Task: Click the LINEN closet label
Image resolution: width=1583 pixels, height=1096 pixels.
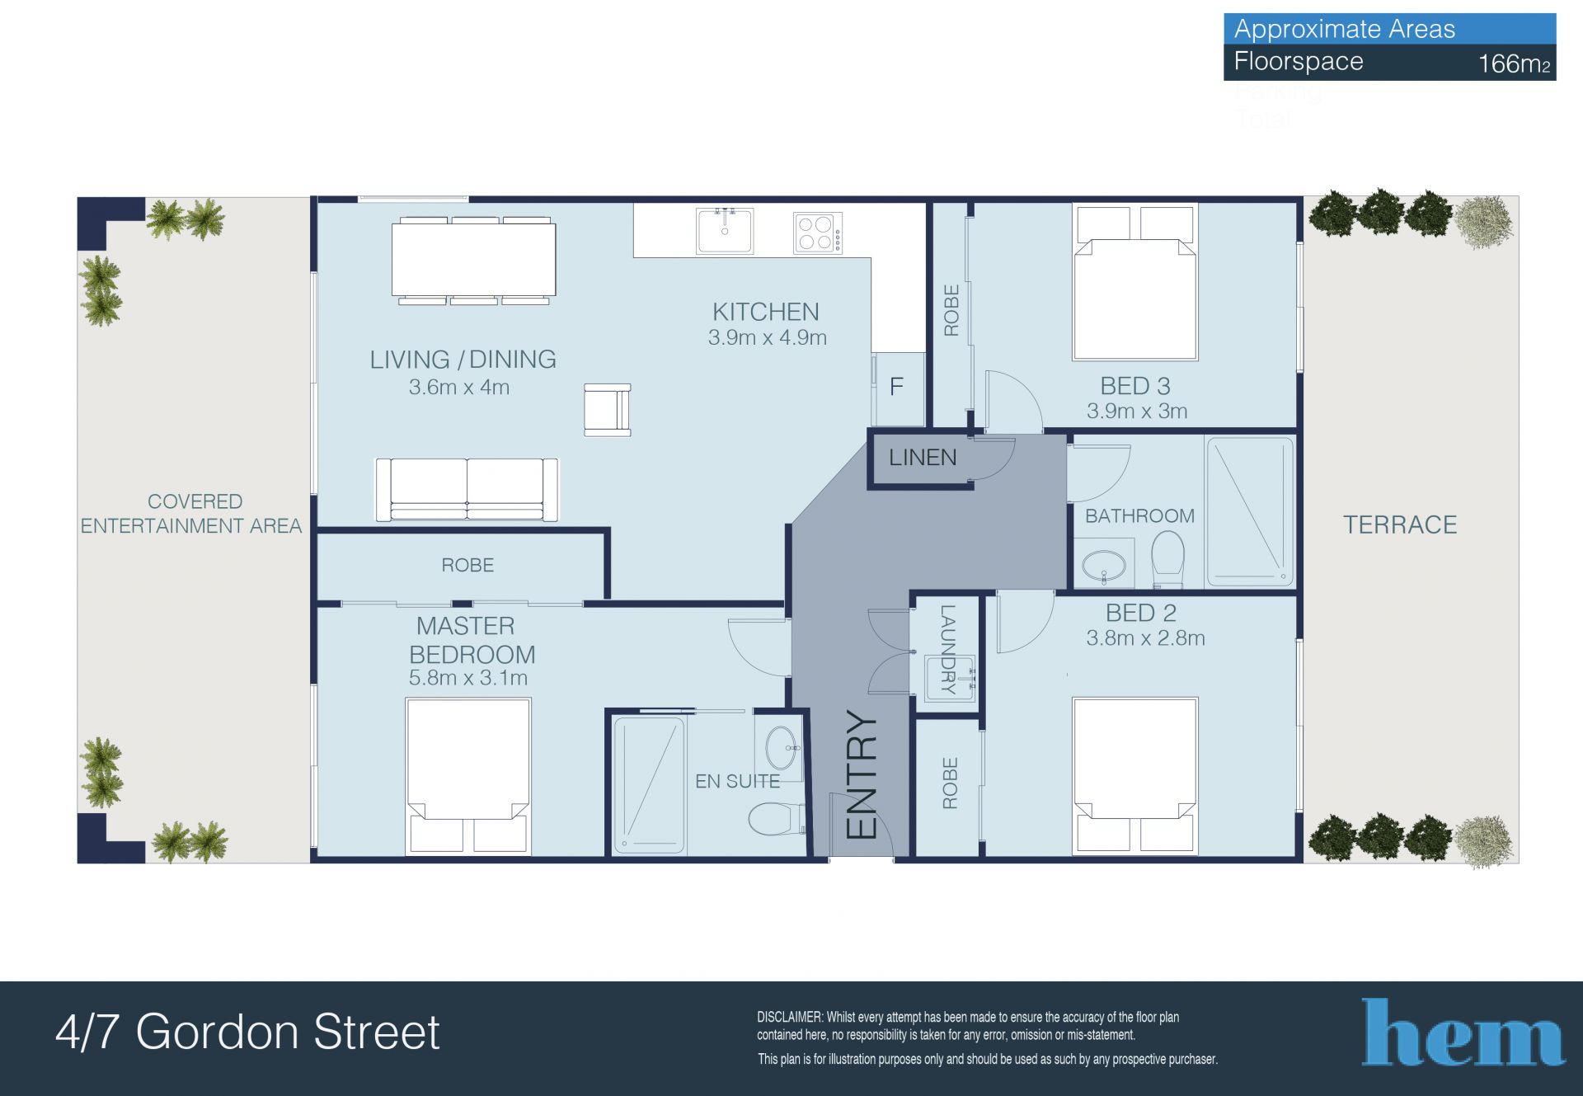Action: [923, 458]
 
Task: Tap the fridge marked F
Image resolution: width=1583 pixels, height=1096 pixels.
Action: [897, 388]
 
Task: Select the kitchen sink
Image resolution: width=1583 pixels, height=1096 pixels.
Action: [725, 230]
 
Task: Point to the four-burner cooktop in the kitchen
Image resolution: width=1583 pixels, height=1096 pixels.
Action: [818, 233]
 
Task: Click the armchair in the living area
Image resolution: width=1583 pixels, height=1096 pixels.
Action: [608, 409]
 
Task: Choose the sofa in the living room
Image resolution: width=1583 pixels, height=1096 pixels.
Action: [467, 490]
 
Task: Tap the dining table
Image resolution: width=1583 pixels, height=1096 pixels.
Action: [473, 261]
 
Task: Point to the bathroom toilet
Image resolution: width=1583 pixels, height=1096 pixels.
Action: [1167, 557]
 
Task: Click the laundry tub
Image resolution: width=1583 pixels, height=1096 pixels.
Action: [949, 678]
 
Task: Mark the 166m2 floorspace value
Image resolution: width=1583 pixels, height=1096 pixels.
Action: [1514, 64]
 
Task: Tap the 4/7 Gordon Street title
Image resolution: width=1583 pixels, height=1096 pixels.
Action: [247, 1032]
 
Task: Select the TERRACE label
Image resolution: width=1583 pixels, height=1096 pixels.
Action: [1400, 524]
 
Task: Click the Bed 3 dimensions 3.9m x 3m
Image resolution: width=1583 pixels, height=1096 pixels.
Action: [1137, 411]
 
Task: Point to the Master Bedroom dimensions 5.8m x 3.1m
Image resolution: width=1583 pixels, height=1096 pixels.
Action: [468, 678]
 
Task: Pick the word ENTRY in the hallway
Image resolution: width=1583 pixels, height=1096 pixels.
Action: [862, 775]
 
